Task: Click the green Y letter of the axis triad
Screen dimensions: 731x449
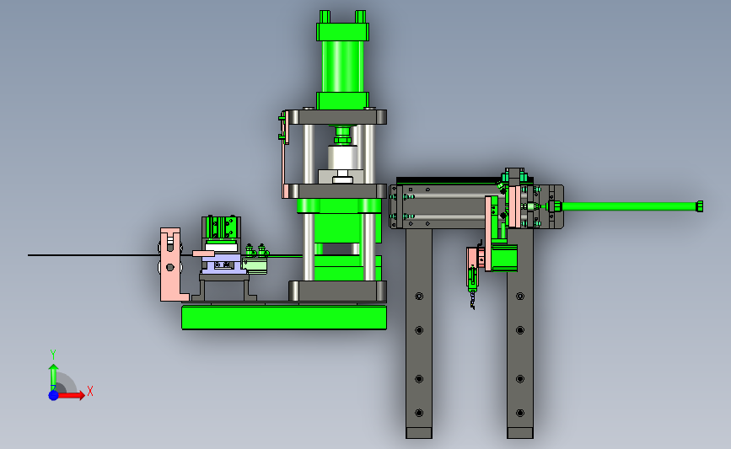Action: [52, 355]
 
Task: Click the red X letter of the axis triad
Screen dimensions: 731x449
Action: [90, 391]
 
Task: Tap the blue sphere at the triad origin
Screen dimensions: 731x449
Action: [54, 395]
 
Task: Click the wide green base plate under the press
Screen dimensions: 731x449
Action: [284, 318]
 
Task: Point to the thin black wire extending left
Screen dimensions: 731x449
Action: [94, 255]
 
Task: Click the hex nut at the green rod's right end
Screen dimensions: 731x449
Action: [699, 206]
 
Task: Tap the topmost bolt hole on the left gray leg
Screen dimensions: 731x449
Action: [419, 297]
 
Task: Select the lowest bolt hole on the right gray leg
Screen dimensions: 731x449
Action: [520, 413]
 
